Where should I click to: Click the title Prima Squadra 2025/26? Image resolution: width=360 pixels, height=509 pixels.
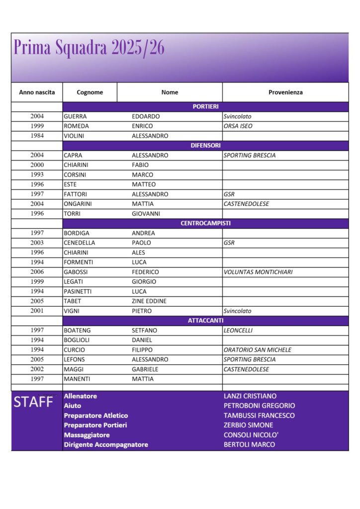89,48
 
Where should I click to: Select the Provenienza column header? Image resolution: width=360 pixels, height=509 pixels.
285,92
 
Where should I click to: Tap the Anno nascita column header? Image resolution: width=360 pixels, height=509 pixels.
37,92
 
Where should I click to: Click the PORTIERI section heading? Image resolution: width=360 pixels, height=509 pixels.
205,106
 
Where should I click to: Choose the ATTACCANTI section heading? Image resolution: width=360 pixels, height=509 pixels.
205,321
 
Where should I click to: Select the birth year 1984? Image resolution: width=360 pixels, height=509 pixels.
37,136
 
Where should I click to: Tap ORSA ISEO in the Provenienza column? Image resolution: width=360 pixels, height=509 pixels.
238,126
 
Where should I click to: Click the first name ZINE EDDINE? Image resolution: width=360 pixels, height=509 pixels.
149,301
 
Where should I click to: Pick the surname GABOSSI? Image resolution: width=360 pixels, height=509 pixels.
75,272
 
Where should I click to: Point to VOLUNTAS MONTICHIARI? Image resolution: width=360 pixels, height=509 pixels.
258,272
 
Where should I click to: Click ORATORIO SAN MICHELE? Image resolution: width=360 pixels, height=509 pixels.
258,350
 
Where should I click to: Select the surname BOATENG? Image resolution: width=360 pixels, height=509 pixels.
77,331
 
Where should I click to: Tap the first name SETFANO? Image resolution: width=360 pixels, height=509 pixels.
145,331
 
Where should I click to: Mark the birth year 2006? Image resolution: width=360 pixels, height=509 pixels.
37,272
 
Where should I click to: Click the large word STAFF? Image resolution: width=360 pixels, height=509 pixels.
33,402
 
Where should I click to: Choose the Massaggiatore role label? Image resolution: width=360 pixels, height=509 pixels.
87,435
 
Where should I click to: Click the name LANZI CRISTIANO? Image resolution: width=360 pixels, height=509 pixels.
250,396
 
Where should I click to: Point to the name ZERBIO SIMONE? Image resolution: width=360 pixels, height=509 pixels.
248,425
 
